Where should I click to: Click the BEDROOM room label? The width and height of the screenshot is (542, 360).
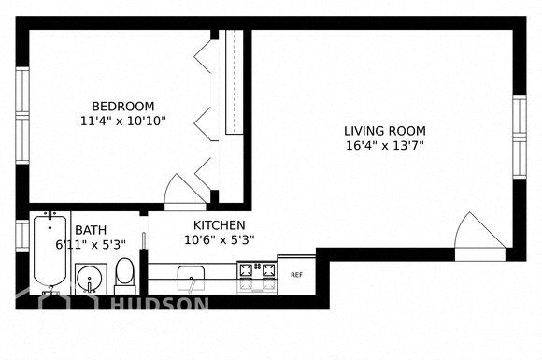pos(122,106)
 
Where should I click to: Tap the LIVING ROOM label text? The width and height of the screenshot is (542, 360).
pos(385,131)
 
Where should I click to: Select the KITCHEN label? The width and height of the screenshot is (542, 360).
pos(220,225)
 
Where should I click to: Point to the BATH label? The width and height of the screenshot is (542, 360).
pos(91,230)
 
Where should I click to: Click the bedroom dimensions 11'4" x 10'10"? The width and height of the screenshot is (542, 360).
pos(123,121)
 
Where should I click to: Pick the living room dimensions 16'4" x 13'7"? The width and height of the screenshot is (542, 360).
pos(385,146)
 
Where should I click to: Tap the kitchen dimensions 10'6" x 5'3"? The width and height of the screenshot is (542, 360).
pos(220,239)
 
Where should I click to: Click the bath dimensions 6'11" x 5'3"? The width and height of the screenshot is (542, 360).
pos(91,244)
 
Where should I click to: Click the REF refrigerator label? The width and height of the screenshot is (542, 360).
pos(296,275)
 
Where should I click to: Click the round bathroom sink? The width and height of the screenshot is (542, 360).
pos(90,279)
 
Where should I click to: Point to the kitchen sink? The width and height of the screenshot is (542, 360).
pos(191,279)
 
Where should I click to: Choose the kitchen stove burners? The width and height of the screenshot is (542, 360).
pos(257,276)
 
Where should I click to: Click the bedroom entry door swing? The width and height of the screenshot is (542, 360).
pos(185,192)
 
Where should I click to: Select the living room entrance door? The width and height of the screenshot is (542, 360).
pos(479,236)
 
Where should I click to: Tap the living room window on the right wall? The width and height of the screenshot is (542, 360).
pos(520,137)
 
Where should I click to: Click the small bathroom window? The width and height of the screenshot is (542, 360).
pos(22,236)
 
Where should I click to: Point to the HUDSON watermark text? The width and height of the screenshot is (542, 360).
pos(160,304)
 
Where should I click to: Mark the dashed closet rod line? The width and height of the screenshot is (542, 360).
pos(235,82)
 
